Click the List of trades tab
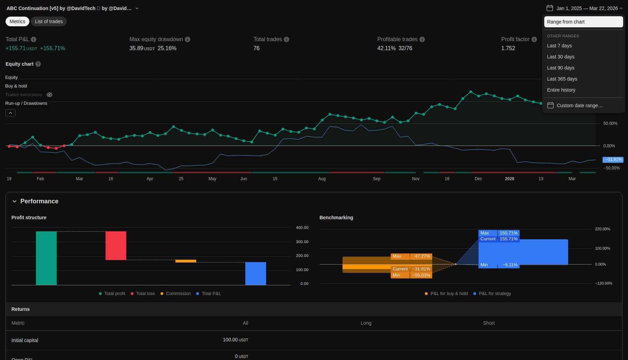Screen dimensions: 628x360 pyautogui.click(x=49, y=21)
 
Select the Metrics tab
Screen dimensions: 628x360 pyautogui.click(x=17, y=21)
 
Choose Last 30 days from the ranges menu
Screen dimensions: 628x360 pyautogui.click(x=561, y=57)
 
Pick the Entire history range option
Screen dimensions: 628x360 pyautogui.click(x=561, y=90)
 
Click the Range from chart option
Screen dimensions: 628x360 pyautogui.click(x=583, y=22)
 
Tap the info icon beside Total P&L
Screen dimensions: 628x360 pyautogui.click(x=34, y=39)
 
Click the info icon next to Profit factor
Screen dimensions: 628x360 pyautogui.click(x=534, y=39)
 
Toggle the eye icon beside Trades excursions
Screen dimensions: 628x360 pyautogui.click(x=49, y=95)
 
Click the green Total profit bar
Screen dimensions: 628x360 pyautogui.click(x=46, y=258)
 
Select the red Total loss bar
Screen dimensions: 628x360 pyautogui.click(x=116, y=246)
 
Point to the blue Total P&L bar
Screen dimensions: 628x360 pyautogui.click(x=256, y=274)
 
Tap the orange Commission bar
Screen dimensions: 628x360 pyautogui.click(x=186, y=261)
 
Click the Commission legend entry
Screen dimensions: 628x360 pyautogui.click(x=175, y=294)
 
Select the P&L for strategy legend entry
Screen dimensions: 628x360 pyautogui.click(x=492, y=294)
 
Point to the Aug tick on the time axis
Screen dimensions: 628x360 pyautogui.click(x=322, y=179)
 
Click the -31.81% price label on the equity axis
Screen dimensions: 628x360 pyautogui.click(x=613, y=159)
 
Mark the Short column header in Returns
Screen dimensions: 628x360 pyautogui.click(x=489, y=323)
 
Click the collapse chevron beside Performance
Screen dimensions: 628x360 pyautogui.click(x=15, y=201)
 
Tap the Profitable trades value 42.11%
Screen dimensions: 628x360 pyautogui.click(x=386, y=48)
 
